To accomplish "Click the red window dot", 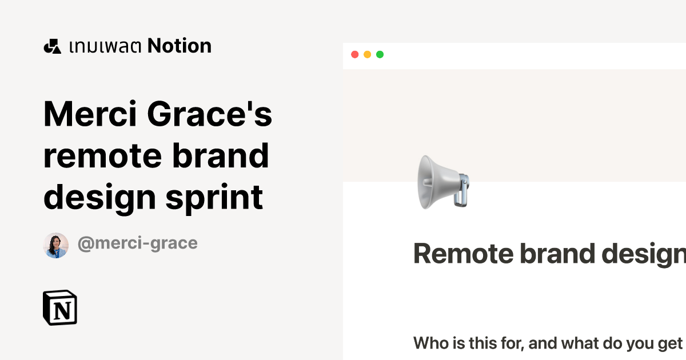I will pos(354,55).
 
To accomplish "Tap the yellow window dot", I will pos(367,55).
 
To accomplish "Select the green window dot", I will pos(380,55).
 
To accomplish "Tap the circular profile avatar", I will pos(56,245).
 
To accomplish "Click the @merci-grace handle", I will pos(137,243).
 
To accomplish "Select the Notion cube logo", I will pos(60,309).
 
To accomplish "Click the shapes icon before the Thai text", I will pos(52,46).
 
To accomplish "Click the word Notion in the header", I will pos(180,46).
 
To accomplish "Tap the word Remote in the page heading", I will pos(462,254).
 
